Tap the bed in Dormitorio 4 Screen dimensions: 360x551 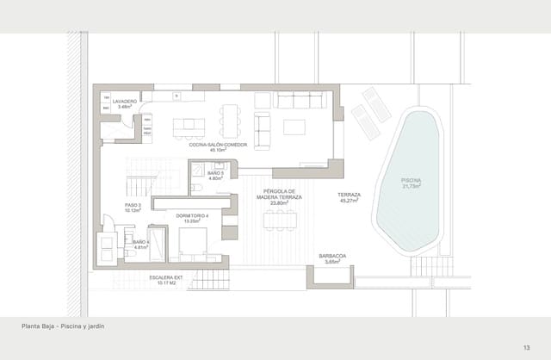(197, 242)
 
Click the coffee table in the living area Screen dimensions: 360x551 (294, 127)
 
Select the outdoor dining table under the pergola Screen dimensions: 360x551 (280, 220)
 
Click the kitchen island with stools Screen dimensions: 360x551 (189, 127)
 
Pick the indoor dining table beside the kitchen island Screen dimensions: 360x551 (229, 121)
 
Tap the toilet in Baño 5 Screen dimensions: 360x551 (196, 186)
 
